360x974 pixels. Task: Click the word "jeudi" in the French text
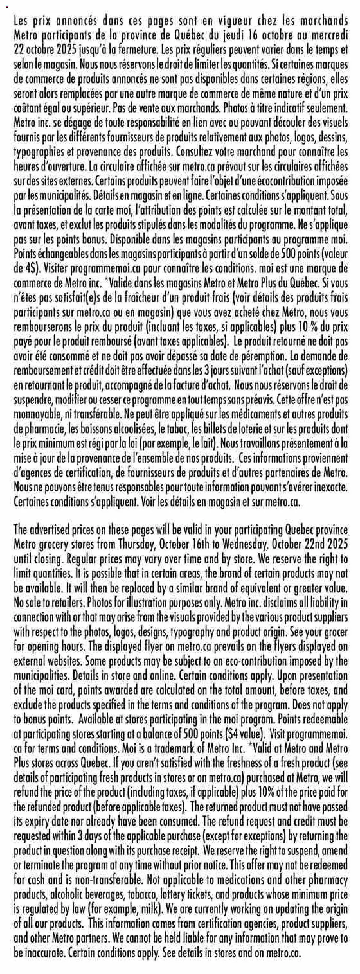click(x=233, y=35)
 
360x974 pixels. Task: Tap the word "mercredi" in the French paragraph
click(x=328, y=35)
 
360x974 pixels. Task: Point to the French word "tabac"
click(x=178, y=429)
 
